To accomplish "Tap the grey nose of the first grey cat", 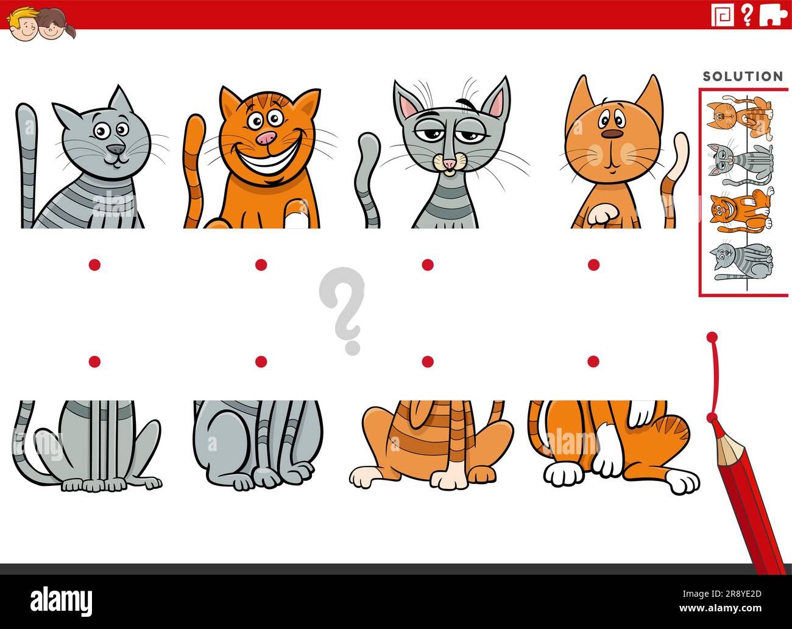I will tap(115, 149).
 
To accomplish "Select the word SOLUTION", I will tap(743, 77).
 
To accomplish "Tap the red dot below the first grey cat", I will tap(94, 264).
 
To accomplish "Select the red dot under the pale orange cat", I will tap(593, 264).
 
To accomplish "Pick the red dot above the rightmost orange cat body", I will tap(593, 362).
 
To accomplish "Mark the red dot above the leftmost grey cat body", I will tap(94, 362).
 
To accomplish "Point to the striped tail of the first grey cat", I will tap(27, 158).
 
